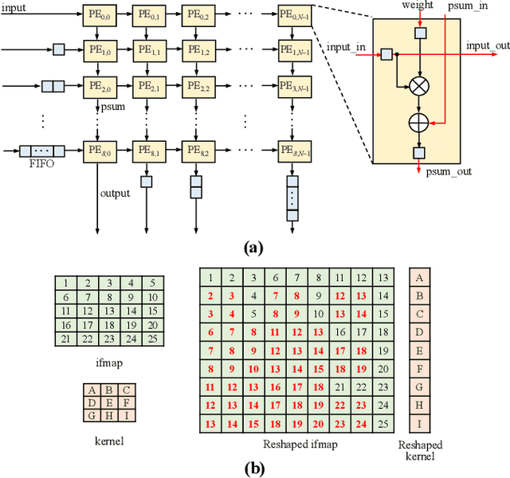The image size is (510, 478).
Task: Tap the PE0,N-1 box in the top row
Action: (292, 14)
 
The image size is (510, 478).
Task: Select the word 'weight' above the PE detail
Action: (418, 6)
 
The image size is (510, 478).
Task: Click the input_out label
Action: (488, 45)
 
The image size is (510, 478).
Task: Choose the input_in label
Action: (347, 46)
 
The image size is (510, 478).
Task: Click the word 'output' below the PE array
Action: (115, 193)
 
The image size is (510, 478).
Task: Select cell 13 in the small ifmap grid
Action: (107, 311)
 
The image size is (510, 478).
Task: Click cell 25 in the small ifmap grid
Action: (151, 339)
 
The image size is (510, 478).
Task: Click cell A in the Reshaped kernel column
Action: (420, 277)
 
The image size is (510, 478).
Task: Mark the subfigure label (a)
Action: (253, 248)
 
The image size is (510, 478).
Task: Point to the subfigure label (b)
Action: (253, 468)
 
